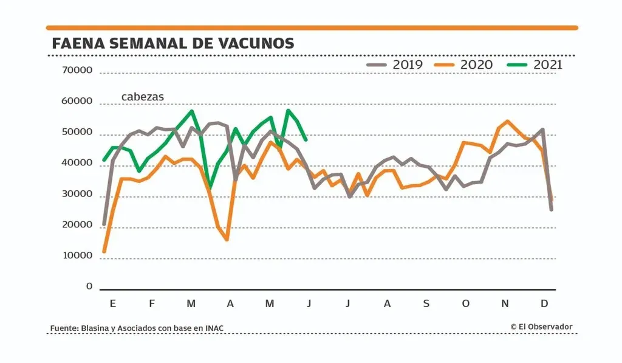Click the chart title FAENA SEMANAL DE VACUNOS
pos(173,43)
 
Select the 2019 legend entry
pos(395,64)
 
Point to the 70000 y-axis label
pos(77,70)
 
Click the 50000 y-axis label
pos(77,132)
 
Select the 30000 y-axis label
pos(77,194)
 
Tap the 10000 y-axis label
pos(77,256)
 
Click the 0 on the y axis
pos(89,286)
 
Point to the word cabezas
pos(142,97)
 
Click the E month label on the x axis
pos(113,303)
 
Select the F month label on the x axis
pos(152,303)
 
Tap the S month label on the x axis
pos(426,303)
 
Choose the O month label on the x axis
pos(465,303)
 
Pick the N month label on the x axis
pos(505,303)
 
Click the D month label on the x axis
pos(544,303)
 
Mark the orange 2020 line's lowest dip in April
pos(227,240)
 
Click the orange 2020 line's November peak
pos(508,121)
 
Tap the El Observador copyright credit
pos(541,327)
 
